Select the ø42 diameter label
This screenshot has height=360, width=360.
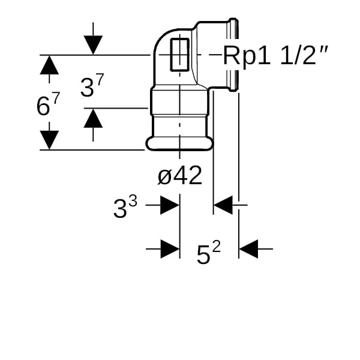click(179, 175)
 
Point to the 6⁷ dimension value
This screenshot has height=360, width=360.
click(49, 106)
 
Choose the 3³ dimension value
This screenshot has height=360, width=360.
click(125, 208)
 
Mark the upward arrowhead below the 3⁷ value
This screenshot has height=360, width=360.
click(93, 118)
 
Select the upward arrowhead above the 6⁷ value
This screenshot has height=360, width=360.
click(49, 65)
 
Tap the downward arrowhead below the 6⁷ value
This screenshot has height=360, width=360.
click(49, 140)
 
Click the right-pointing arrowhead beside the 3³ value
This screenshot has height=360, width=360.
click(170, 205)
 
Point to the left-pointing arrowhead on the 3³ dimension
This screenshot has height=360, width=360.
click(223, 205)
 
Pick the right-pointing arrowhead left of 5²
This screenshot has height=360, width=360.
click(170, 248)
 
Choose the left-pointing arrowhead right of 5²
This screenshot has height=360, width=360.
click(248, 248)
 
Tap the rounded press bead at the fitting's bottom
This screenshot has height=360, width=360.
click(179, 143)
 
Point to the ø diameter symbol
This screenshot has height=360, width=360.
click(165, 176)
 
